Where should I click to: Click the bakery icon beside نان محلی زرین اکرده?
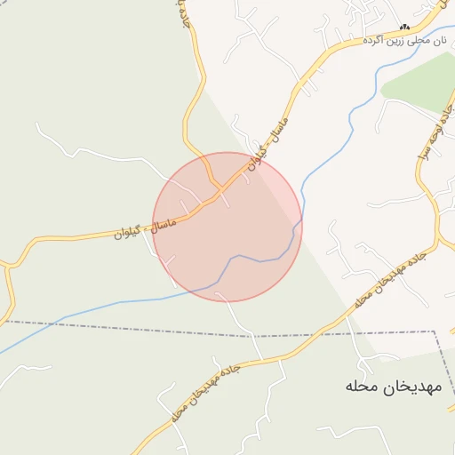click(x=404, y=28)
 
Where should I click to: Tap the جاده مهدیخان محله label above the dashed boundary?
click(x=390, y=279)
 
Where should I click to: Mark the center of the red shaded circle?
click(x=227, y=227)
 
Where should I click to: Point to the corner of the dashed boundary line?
click(x=436, y=331)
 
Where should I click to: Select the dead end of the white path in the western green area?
click(x=36, y=124)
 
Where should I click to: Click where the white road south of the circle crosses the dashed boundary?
click(x=260, y=336)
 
